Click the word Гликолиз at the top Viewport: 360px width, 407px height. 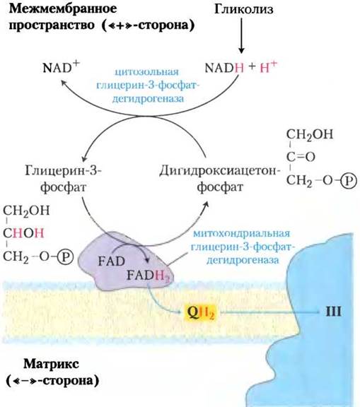pyautogui.click(x=244, y=9)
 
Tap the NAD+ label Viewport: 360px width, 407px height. pyautogui.click(x=61, y=67)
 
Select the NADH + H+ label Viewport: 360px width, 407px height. pyautogui.click(x=241, y=67)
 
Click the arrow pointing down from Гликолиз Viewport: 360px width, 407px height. pyautogui.click(x=241, y=35)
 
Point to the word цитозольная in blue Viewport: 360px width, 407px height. pyautogui.click(x=147, y=72)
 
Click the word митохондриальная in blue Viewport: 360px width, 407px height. pyautogui.click(x=242, y=233)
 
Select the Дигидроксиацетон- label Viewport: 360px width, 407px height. pyautogui.click(x=220, y=171)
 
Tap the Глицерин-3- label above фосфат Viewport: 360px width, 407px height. pyautogui.click(x=64, y=171)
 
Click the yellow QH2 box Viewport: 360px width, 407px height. pyautogui.click(x=200, y=312)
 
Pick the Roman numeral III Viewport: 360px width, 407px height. pyautogui.click(x=333, y=312)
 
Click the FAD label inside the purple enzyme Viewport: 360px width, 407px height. pyautogui.click(x=112, y=261)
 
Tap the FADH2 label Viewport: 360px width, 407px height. pyautogui.click(x=148, y=276)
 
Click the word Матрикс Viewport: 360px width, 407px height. pyautogui.click(x=51, y=364)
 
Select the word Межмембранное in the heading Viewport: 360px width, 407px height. pyautogui.click(x=63, y=9)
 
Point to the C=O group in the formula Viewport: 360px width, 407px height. pyautogui.click(x=301, y=157)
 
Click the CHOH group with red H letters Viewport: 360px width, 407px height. pyautogui.click(x=23, y=233)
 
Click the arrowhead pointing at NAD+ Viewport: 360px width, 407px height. pyautogui.click(x=64, y=83)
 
